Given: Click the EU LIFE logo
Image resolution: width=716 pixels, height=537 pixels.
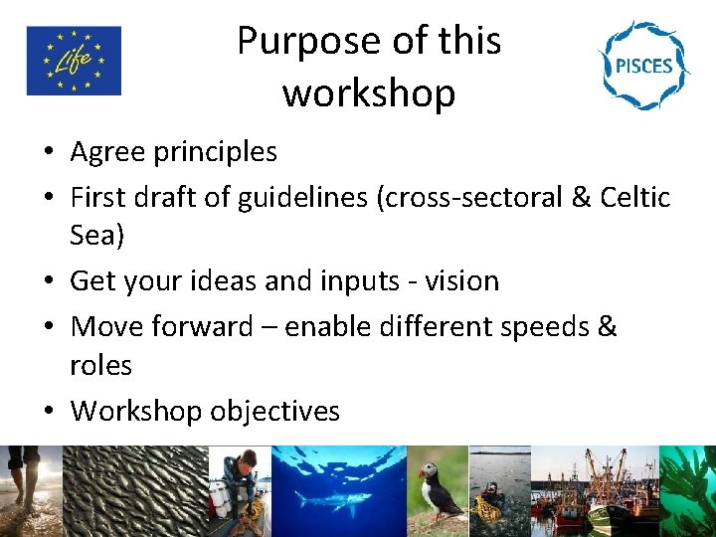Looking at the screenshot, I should coord(74,61).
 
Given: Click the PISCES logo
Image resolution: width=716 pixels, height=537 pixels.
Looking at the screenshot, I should coord(642,66).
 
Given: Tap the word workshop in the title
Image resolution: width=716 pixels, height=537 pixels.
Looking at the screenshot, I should coord(369,93).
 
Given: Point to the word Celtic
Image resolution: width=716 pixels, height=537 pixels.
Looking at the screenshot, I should coord(635,197).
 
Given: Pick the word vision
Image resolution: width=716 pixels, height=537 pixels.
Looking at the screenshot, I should coord(461,281).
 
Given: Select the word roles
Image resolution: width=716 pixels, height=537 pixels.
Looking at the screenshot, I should coord(100,365).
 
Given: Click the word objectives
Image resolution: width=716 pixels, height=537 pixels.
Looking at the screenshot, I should coord(274,410).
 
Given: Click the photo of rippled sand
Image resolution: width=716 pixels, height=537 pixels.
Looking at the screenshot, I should coord(134,490).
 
